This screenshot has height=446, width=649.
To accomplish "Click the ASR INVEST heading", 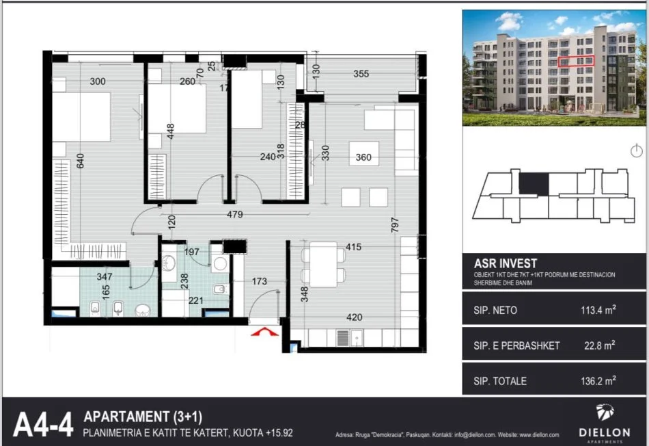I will [506, 263].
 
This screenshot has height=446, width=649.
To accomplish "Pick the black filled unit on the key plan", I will [534, 183].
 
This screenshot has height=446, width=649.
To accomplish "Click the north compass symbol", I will [636, 150].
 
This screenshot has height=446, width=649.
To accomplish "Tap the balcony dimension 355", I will [362, 74].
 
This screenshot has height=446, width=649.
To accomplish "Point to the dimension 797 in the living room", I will [395, 226].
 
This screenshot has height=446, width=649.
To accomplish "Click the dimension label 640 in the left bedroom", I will [80, 161].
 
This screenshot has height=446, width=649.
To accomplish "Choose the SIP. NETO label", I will [495, 311].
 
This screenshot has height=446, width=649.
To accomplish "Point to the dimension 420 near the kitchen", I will [354, 317].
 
